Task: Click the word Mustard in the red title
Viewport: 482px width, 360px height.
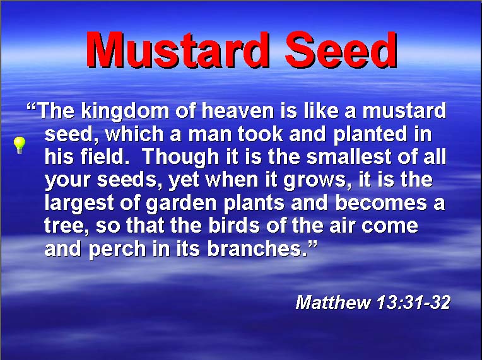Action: click(x=178, y=49)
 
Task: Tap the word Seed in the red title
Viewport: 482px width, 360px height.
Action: click(x=341, y=49)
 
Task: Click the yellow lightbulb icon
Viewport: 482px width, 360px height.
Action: click(x=20, y=145)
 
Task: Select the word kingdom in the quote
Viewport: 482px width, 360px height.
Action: click(x=125, y=111)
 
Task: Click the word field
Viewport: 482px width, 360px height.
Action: click(x=103, y=156)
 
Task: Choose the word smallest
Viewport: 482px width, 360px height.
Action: click(x=350, y=156)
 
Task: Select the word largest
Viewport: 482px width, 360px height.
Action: click(x=79, y=204)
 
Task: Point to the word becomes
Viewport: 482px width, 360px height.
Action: click(x=381, y=202)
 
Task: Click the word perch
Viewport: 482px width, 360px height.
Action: click(x=117, y=250)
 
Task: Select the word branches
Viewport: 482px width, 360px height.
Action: click(x=257, y=248)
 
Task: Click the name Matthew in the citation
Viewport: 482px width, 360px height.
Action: click(x=333, y=302)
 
